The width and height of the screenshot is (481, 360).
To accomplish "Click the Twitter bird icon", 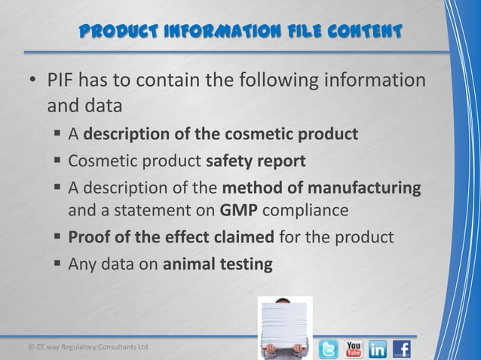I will click(329, 349).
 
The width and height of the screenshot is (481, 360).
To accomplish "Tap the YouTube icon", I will click(354, 349).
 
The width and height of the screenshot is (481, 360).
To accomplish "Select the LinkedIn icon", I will click(378, 349).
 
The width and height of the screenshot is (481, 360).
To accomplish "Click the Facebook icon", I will click(402, 349).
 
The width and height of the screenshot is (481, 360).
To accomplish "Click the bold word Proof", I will click(87, 239).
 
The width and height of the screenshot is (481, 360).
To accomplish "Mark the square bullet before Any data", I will click(57, 264).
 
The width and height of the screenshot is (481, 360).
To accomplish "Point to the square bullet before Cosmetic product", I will click(57, 160).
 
